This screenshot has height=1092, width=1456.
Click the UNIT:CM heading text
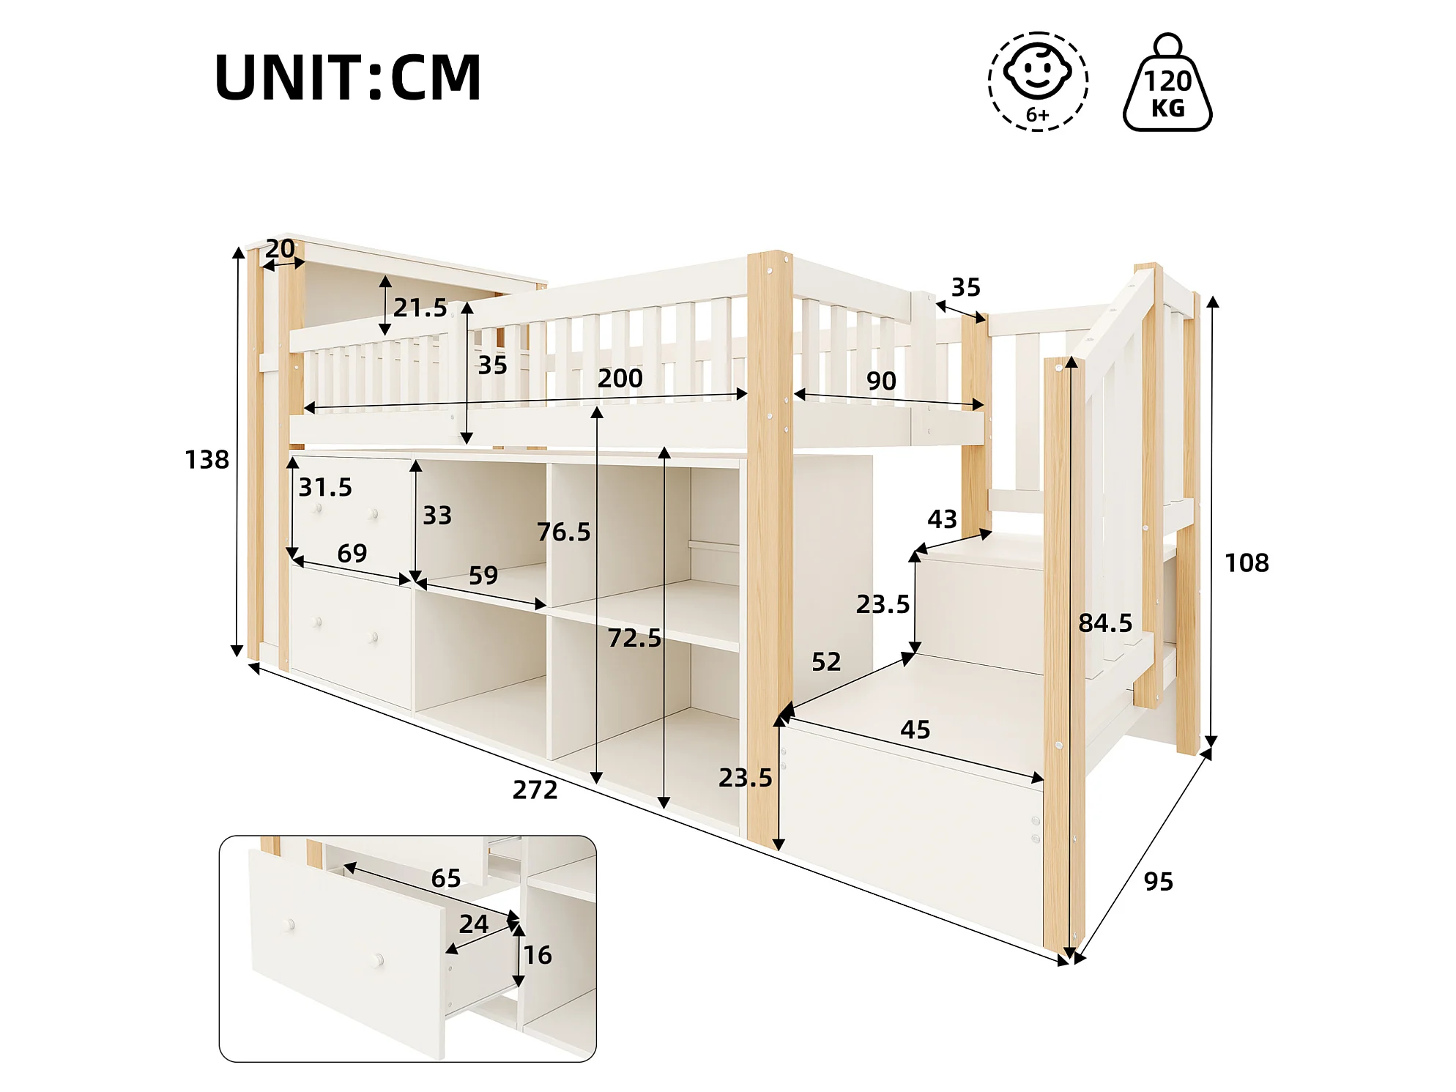tap(348, 77)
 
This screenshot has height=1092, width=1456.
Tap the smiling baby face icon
tap(1037, 71)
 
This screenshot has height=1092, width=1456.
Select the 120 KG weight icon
tap(1167, 83)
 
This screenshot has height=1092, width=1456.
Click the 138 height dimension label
tap(207, 460)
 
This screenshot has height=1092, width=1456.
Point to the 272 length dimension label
tap(535, 790)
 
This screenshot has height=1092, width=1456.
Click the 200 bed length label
tap(620, 379)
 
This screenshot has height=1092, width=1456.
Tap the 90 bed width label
tap(881, 381)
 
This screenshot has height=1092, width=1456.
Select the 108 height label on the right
tap(1247, 562)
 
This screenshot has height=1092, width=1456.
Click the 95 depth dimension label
tap(1159, 881)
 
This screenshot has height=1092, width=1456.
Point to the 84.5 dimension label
tap(1105, 623)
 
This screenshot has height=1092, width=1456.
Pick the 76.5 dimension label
tap(563, 532)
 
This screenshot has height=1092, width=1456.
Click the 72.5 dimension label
tap(634, 638)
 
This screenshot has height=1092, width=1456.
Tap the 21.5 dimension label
tap(420, 308)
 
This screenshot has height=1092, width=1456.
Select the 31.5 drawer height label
tap(325, 487)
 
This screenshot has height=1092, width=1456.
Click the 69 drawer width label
tap(352, 553)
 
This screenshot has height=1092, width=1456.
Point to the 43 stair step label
tap(942, 519)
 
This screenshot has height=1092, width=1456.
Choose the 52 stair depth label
tap(826, 662)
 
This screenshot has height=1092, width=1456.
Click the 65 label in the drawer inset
tap(446, 878)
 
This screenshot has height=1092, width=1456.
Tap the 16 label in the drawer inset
tap(538, 955)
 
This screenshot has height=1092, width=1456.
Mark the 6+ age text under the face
tap(1037, 115)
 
